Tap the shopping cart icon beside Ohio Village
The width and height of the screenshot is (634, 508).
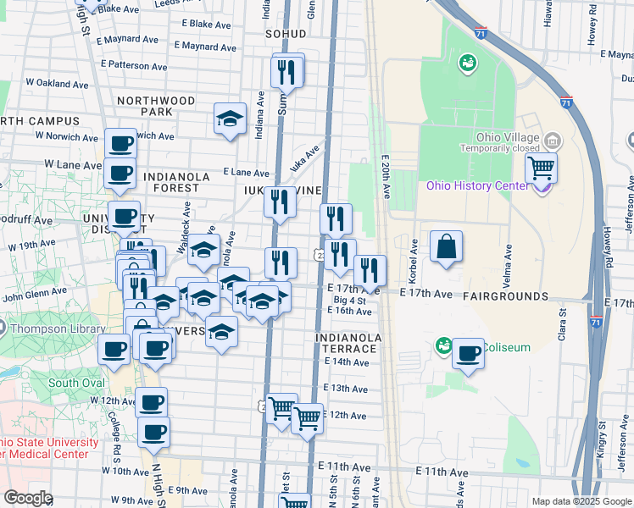pos(541,168)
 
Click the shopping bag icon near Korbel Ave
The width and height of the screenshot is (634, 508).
pos(446,247)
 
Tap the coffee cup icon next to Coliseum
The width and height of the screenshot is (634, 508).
pos(468,354)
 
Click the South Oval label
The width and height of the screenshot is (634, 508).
pos(75,382)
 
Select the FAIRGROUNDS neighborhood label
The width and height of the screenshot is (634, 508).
pos(507,296)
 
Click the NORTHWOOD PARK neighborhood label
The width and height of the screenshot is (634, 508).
pos(156,106)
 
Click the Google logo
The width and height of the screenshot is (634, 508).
pos(28,498)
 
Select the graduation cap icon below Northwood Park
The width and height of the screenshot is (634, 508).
pos(230,119)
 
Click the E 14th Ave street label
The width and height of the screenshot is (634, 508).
pos(349,362)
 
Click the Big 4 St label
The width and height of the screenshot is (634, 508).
pos(350,301)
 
